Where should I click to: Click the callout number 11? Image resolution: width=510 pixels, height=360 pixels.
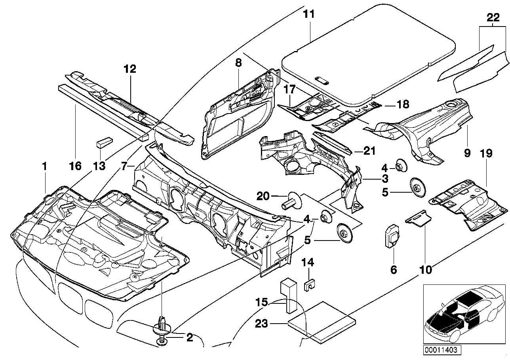[309, 14]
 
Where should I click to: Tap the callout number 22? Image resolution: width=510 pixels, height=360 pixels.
[493, 17]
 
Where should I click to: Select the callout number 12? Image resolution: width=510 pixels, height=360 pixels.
[130, 69]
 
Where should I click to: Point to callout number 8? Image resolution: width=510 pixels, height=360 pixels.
[238, 63]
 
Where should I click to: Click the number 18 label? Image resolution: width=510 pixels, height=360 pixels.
[403, 104]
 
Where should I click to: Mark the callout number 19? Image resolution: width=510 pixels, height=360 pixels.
[486, 153]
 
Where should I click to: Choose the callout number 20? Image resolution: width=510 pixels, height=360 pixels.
[263, 196]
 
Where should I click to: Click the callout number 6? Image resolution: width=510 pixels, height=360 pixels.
[394, 270]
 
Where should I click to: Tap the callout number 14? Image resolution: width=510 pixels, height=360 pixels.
[308, 262]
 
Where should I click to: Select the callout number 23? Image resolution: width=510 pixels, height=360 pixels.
[261, 324]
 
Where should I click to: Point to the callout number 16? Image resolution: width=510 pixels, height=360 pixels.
[75, 166]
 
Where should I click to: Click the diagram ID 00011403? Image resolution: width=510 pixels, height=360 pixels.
[442, 349]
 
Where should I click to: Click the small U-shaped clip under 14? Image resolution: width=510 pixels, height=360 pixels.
[309, 286]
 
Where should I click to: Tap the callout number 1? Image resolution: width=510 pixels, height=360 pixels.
[45, 166]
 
